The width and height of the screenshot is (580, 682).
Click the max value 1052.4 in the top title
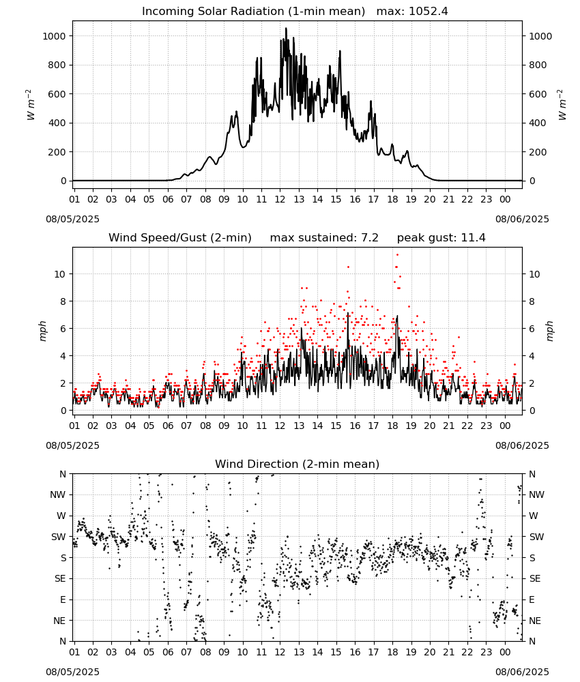pos(428,12)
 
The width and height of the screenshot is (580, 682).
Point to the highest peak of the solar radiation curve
pos(286,28)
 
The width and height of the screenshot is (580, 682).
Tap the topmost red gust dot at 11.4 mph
pos(397,255)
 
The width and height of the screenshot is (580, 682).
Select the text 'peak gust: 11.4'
pos(441,238)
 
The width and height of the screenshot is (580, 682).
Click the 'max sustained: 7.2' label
pos(324,238)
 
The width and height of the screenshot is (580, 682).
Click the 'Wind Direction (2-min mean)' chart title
pos(298,464)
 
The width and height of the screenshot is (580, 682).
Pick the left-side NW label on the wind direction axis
pos(58,494)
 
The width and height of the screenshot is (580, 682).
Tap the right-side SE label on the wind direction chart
pos(535,578)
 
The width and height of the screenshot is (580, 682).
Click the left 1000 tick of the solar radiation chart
pos(54,36)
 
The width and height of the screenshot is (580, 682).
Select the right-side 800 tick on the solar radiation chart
pos(538,65)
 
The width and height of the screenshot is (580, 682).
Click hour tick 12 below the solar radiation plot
pos(280,199)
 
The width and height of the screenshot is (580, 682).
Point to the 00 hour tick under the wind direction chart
pos(505,651)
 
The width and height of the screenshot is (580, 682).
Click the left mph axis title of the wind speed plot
pos(42,331)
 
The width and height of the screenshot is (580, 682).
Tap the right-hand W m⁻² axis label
pos(562,105)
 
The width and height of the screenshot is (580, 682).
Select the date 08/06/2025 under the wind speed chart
pos(522,445)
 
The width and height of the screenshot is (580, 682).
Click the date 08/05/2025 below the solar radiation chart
pos(72,219)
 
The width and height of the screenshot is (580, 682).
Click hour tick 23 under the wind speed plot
pos(486,426)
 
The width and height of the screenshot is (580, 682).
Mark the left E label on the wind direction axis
pos(63,599)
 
